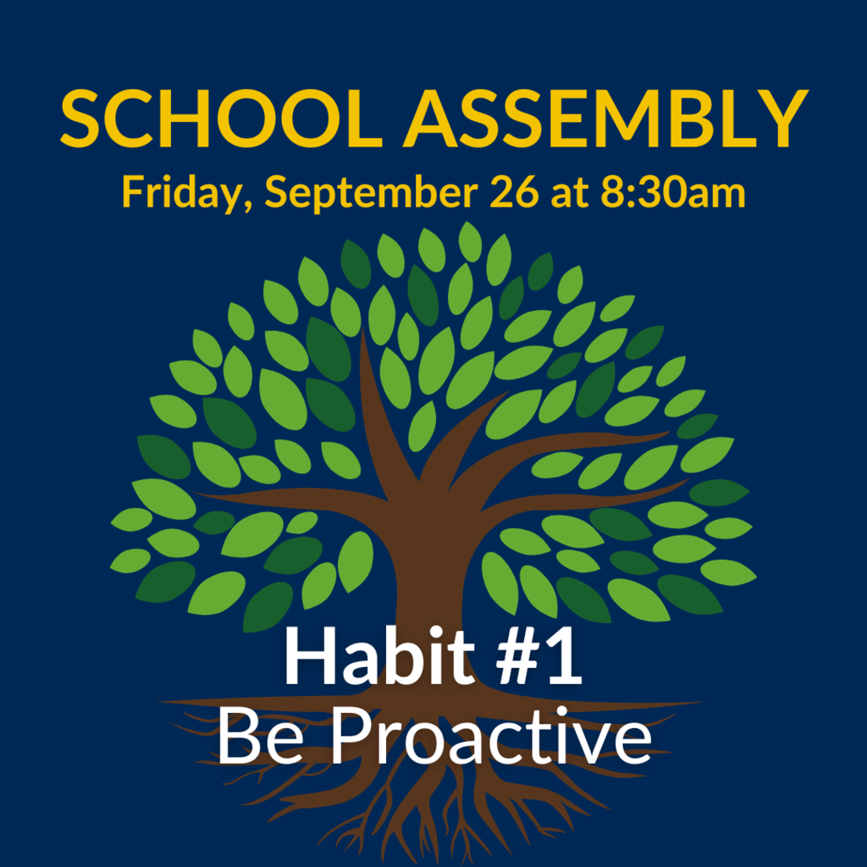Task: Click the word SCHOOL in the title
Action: pos(221,119)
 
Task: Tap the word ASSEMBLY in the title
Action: pos(605,119)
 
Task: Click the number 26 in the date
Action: pos(514,192)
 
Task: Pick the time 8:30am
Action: pos(673,192)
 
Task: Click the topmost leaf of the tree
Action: pos(470,241)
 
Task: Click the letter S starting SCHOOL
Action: pos(80,119)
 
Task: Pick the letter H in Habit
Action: pos(309,656)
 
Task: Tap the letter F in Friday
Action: pos(133,192)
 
